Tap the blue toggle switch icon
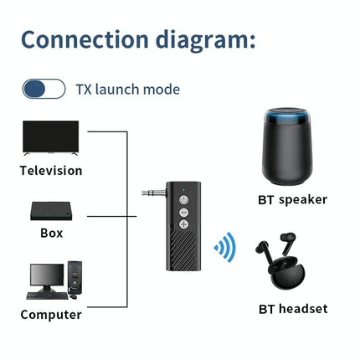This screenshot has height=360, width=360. click(x=44, y=89)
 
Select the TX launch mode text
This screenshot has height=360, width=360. click(x=127, y=89)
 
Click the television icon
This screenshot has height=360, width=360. click(x=51, y=137)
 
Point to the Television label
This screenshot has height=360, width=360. click(x=51, y=171)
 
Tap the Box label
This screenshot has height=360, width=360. click(x=51, y=233)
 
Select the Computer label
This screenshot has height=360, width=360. click(x=51, y=315)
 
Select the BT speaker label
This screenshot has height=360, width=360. click(x=292, y=199)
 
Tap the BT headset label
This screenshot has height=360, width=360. click(x=292, y=309)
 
